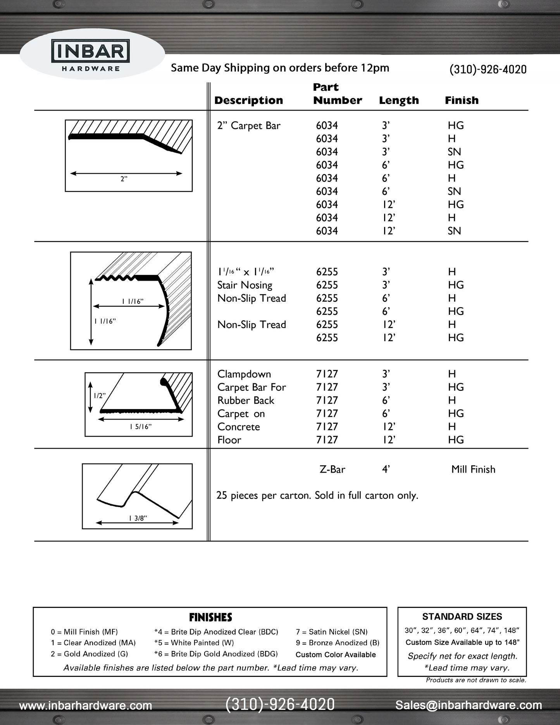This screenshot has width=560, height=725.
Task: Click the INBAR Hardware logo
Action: pyautogui.click(x=91, y=55)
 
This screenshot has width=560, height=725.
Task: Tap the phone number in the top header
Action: pyautogui.click(x=488, y=69)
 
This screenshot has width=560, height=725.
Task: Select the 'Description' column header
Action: pyautogui.click(x=248, y=100)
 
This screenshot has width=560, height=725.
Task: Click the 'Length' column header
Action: pyautogui.click(x=399, y=100)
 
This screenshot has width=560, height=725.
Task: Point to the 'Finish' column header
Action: pyautogui.click(x=462, y=100)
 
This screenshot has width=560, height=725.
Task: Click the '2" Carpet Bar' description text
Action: pyautogui.click(x=248, y=126)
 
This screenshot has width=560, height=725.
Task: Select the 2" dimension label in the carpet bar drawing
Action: pyautogui.click(x=124, y=179)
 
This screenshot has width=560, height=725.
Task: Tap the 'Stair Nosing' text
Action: pyautogui.click(x=245, y=285)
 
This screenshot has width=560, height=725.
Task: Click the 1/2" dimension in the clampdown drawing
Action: pyautogui.click(x=99, y=396)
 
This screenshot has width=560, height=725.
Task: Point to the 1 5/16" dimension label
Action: pyautogui.click(x=140, y=427)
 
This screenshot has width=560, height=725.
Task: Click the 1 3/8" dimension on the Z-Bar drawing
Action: pyautogui.click(x=138, y=518)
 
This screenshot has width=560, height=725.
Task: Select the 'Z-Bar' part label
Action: pyautogui.click(x=332, y=470)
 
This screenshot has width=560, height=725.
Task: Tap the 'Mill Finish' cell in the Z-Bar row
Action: pyautogui.click(x=473, y=470)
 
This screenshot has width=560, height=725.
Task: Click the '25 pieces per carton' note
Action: pyautogui.click(x=317, y=495)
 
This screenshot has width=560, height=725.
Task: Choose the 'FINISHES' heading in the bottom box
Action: pyautogui.click(x=210, y=617)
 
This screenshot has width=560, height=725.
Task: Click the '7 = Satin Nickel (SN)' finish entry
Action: pyautogui.click(x=331, y=632)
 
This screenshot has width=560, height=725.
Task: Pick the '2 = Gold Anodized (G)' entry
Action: pyautogui.click(x=89, y=654)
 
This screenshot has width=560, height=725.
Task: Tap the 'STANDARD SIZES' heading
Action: pyautogui.click(x=462, y=616)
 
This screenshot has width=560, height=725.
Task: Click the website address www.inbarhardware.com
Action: pyautogui.click(x=86, y=706)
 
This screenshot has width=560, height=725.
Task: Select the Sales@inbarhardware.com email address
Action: pyautogui.click(x=469, y=705)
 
